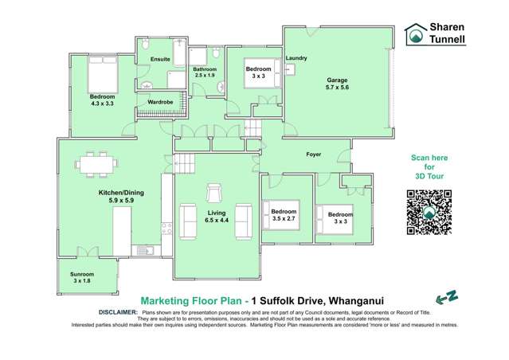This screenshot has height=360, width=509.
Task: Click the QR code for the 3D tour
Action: [429, 213]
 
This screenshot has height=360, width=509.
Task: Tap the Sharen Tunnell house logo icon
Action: [414, 34]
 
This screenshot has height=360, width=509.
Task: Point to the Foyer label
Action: [313, 153]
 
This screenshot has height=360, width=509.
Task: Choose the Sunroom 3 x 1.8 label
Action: [84, 277]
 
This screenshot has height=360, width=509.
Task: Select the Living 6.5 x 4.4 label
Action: [217, 217]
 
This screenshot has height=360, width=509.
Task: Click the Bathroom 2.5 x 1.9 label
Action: [203, 72]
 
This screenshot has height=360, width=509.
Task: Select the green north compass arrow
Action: [450, 297]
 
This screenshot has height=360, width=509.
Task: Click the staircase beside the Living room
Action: [185, 164]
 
